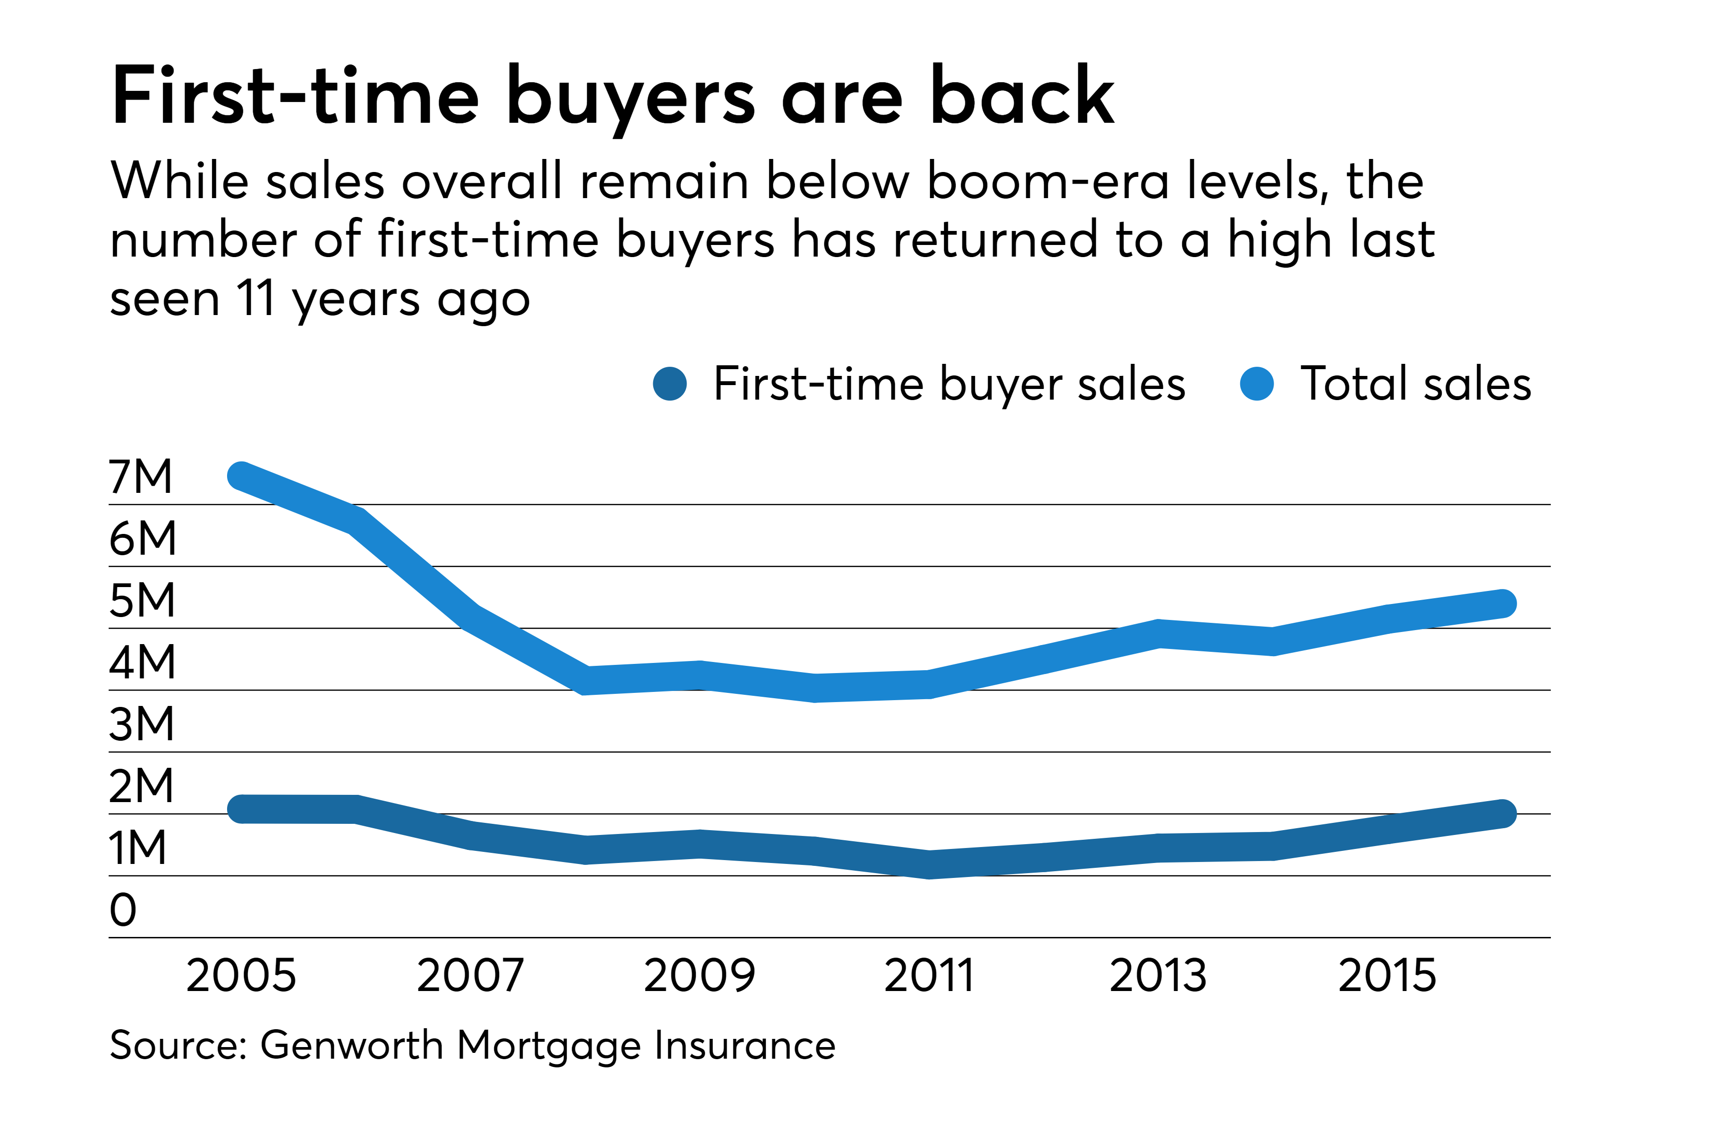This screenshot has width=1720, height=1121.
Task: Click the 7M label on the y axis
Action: [141, 476]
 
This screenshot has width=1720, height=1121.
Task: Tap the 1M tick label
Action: [137, 848]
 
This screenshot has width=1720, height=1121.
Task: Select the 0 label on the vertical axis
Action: [123, 910]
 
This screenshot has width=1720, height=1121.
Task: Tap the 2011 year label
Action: [930, 976]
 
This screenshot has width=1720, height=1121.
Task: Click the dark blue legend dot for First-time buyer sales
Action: [670, 384]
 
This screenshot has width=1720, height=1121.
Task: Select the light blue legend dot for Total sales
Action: [1257, 384]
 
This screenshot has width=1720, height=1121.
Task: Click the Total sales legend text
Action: [1415, 384]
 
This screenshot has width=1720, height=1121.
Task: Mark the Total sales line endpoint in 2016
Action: [1503, 604]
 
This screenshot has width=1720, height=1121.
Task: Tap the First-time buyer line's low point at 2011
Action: [930, 864]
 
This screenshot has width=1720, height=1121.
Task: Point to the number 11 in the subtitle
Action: [256, 299]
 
